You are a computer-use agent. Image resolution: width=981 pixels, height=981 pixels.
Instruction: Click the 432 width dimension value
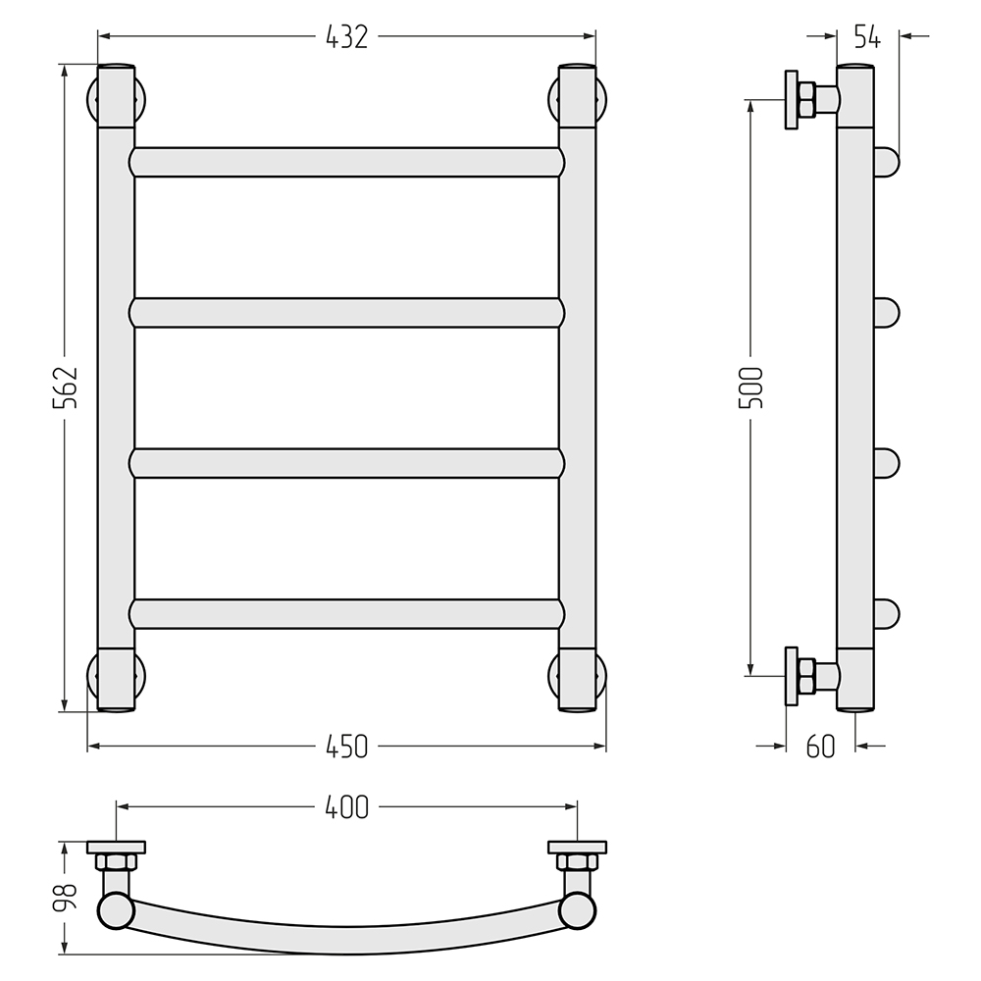[x=346, y=37]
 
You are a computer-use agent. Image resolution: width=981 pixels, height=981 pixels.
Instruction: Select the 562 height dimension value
[x=65, y=387]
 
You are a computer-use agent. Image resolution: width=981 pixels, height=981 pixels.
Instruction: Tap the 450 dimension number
[x=346, y=747]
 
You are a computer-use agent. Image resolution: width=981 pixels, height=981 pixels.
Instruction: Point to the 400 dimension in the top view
[x=346, y=807]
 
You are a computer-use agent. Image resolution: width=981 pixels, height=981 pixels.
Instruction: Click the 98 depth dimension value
[x=65, y=897]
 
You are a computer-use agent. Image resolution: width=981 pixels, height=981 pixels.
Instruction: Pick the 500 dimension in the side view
[x=750, y=387]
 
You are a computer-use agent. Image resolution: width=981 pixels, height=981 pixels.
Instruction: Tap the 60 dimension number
[x=820, y=747]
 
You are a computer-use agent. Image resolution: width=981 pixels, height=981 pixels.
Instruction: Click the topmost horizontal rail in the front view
[x=346, y=162]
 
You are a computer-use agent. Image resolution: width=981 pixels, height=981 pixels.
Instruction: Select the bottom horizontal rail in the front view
[x=346, y=614]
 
